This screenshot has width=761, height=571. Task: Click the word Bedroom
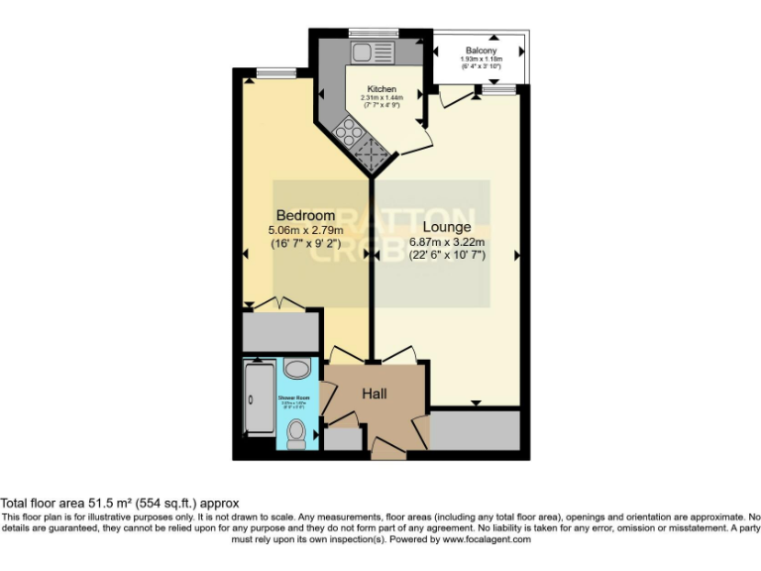[305, 216]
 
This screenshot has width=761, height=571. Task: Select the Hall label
[374, 394]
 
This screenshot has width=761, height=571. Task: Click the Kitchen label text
[381, 88]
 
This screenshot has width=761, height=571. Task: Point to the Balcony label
[481, 51]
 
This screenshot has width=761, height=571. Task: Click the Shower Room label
[294, 398]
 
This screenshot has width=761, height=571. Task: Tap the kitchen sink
[370, 51]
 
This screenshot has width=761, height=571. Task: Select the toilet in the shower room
[295, 433]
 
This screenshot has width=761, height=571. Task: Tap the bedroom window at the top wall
[268, 71]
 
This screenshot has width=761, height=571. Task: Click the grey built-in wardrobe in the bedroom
[281, 331]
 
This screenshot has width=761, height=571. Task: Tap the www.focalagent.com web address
[486, 539]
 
